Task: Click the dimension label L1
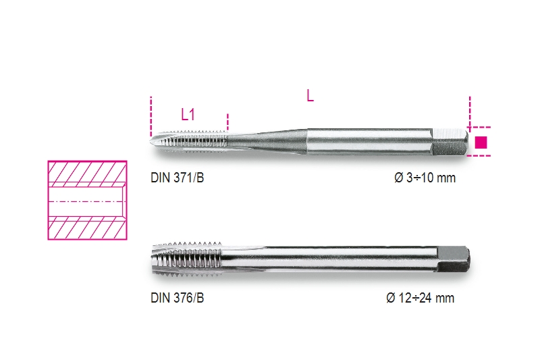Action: coord(188,115)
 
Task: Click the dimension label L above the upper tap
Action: coord(310,96)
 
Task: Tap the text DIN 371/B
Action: coord(178,179)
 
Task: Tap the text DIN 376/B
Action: coord(178,298)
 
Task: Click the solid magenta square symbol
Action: coord(481,142)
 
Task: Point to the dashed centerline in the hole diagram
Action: coord(86,200)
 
